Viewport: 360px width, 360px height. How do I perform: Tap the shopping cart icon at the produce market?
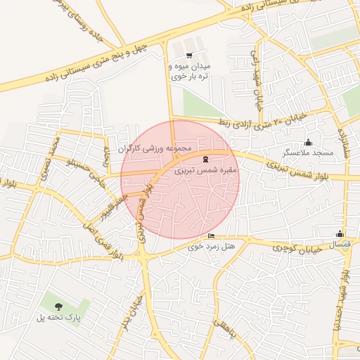pos(189,55)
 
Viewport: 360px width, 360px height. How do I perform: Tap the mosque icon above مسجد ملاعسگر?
pos(308,143)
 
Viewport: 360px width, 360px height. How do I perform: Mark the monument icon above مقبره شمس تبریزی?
pos(205,159)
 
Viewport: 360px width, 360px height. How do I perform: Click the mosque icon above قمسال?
pos(340,234)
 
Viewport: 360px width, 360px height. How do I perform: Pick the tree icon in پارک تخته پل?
pos(58,306)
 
